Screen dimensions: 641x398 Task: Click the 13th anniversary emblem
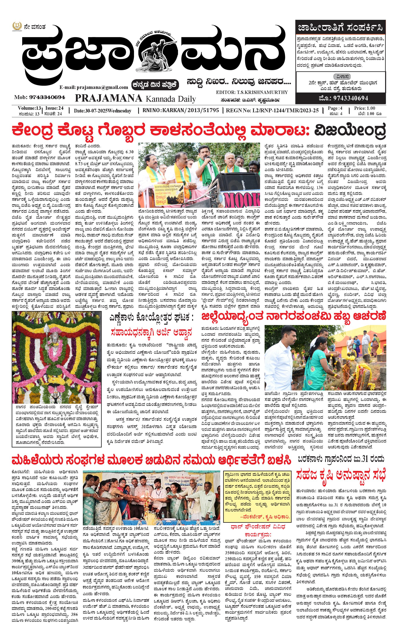click(x=17, y=27)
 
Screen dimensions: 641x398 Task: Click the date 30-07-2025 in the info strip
click(x=96, y=111)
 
